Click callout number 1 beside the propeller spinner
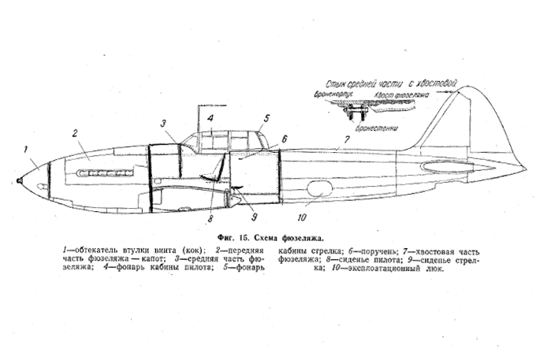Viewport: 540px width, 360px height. tap(27, 148)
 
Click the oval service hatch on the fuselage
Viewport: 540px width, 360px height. tap(320, 190)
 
